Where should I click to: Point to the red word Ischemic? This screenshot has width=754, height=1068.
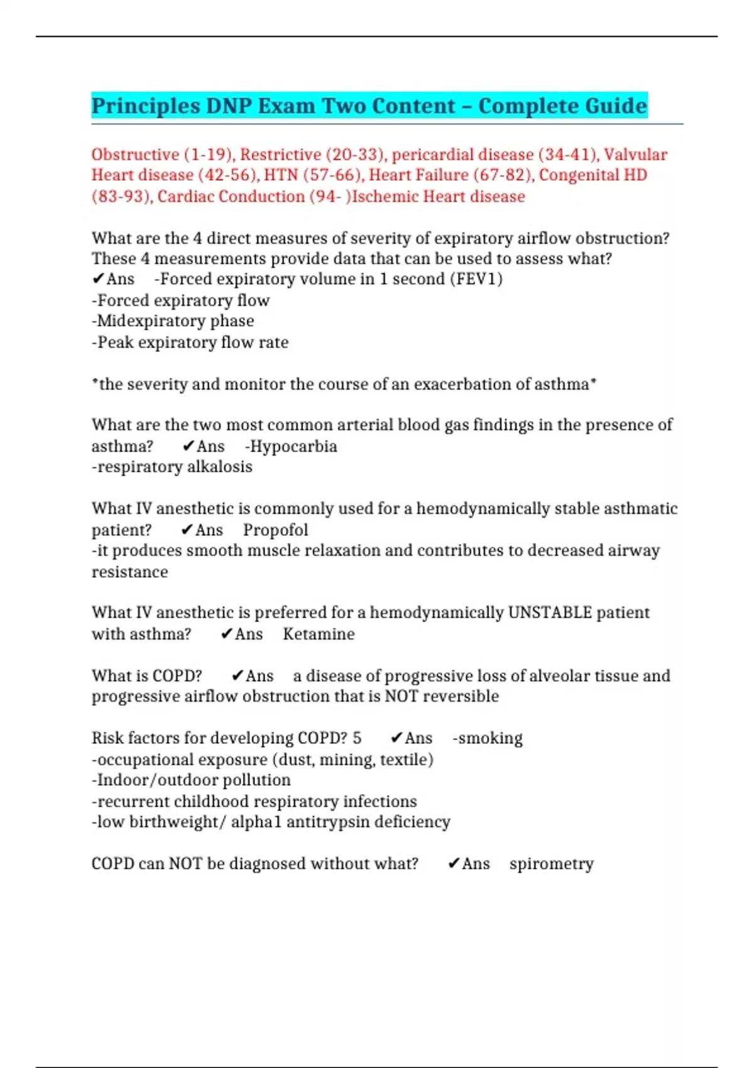point(385,197)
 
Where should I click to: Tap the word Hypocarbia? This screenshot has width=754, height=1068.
point(293,447)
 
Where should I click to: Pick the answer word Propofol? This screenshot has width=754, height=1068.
point(275,530)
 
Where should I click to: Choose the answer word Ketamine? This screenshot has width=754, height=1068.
point(319,634)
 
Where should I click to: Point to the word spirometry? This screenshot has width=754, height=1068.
point(551,864)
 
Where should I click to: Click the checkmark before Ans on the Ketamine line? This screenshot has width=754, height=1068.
point(227,634)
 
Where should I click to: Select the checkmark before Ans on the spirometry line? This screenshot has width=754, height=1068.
point(454,864)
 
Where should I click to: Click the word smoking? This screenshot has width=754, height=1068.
point(490,738)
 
